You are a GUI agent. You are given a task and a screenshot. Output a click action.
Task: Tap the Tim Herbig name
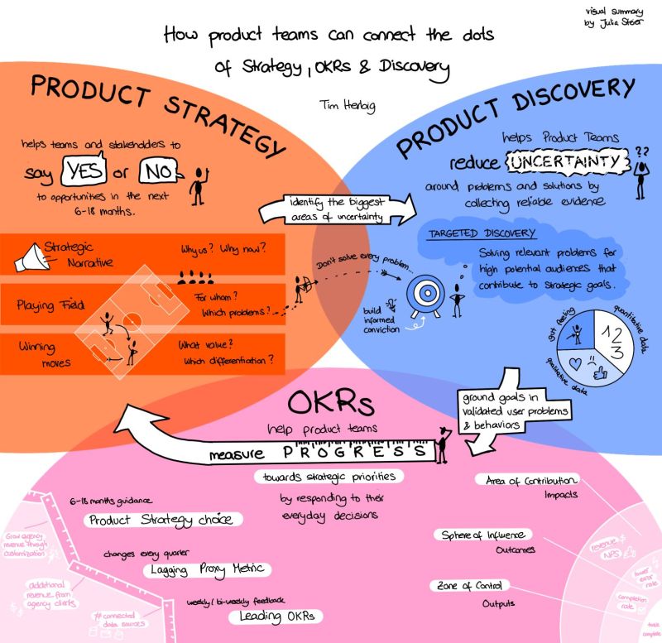tap(345, 106)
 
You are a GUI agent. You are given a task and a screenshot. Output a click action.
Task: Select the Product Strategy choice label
tap(165, 520)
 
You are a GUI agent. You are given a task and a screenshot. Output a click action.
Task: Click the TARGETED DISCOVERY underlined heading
tap(482, 234)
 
